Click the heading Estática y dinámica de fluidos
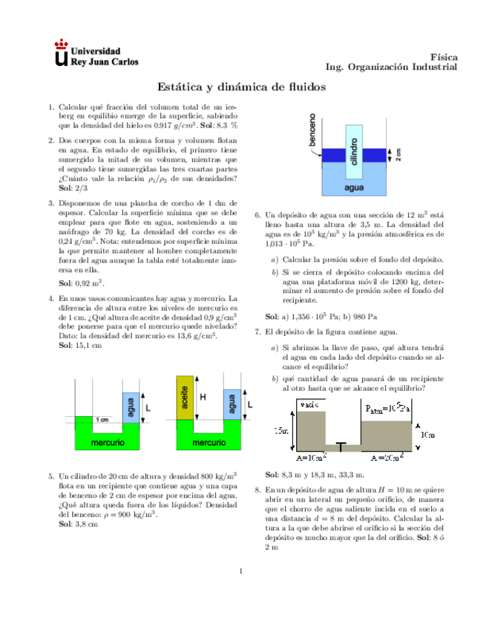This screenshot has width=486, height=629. [243, 87]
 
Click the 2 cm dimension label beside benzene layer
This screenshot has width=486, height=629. [398, 155]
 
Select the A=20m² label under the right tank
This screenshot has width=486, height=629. [387, 458]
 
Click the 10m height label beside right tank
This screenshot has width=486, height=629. [426, 435]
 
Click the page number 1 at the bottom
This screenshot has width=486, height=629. [243, 570]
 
